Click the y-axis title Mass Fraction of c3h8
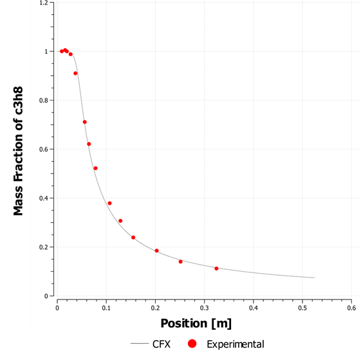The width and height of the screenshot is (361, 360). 18,149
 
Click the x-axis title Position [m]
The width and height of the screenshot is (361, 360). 196,322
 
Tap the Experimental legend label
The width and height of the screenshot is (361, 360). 236,344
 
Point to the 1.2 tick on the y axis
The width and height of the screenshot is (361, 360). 45,3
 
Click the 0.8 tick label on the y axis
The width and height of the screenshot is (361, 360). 45,100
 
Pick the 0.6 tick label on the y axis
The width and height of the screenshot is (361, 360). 45,149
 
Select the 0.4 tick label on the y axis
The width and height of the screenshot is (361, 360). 45,198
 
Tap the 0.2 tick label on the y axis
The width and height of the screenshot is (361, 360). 45,247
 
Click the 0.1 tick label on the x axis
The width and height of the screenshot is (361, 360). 106,308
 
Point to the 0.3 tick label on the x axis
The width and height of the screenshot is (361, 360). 204,308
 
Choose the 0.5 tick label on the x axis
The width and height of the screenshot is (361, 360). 302,308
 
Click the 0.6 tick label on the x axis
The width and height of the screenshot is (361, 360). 351,308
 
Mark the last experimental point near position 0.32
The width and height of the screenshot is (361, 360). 216,269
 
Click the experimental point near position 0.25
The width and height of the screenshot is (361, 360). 180,261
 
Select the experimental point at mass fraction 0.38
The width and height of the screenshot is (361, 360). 109,204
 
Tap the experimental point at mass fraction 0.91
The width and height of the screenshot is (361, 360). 75,73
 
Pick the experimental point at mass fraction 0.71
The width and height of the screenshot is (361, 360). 84,122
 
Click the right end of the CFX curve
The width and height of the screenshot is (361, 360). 315,278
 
